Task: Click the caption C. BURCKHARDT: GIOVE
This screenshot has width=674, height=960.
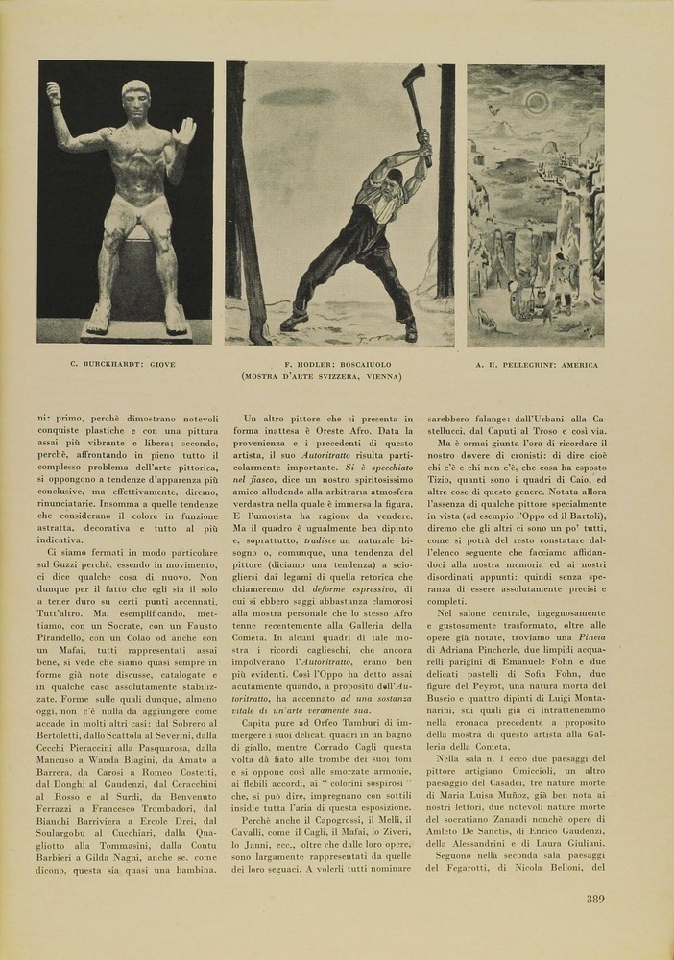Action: point(122,365)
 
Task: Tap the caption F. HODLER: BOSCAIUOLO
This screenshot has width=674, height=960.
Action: point(322,365)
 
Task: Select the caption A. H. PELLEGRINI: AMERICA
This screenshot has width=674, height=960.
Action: point(537,365)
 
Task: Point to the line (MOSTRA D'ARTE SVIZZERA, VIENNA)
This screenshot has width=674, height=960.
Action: point(322,377)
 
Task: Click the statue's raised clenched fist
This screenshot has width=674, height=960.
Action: point(53,92)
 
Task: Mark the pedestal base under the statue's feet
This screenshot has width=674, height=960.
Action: point(124,331)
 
